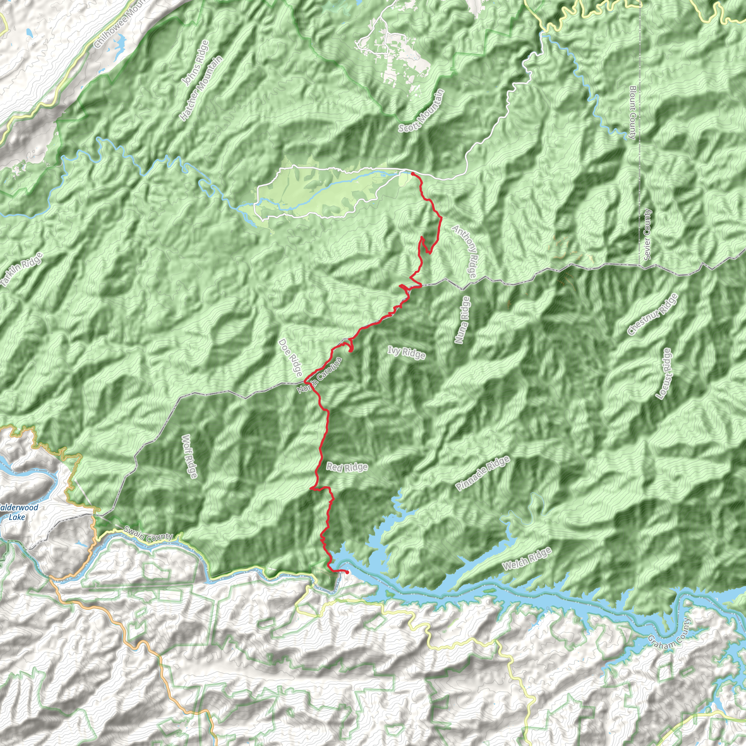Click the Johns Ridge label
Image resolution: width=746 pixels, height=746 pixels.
pos(195,63)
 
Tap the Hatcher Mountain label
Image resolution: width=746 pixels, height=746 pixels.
pos(201,89)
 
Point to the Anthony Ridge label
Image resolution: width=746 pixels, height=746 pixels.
pos(466,252)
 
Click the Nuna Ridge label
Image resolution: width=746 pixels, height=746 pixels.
pos(462,320)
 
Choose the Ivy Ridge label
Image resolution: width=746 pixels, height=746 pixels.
pos(407,353)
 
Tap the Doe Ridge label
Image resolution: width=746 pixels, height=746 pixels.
pos(290,358)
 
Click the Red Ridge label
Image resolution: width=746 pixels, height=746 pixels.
pos(347,467)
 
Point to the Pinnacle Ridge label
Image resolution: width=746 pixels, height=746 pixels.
pos(483,474)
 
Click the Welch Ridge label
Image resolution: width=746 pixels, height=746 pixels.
pos(527,559)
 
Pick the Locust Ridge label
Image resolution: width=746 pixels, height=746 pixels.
pos(665,373)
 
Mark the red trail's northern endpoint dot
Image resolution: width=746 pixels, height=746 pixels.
pos(412,174)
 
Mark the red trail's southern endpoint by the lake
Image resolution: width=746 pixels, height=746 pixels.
pos(346,572)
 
